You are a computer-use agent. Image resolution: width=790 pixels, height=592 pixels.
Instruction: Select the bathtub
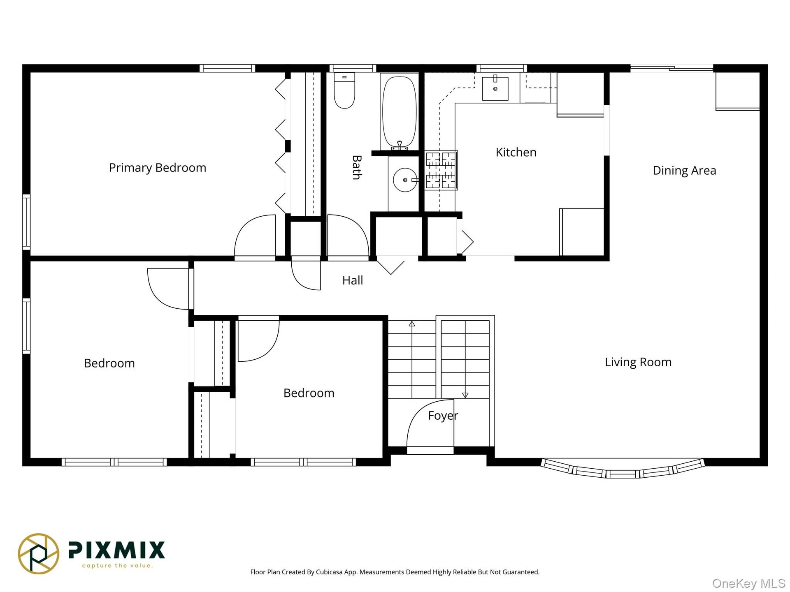[x=399, y=112]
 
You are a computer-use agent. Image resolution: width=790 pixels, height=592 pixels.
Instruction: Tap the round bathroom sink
[x=405, y=180]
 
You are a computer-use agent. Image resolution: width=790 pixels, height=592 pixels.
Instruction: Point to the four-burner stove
[x=441, y=170]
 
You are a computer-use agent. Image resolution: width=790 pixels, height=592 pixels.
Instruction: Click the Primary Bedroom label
[x=158, y=168]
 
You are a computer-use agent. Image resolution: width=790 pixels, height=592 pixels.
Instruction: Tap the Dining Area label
[x=684, y=171]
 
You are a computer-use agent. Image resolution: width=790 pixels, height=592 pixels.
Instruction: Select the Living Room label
[x=638, y=362]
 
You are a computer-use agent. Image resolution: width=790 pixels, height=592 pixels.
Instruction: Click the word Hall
[x=353, y=280]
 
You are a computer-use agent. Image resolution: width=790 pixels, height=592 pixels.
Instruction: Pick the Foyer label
[x=443, y=416]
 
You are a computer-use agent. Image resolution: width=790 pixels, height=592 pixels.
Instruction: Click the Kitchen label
[x=516, y=153]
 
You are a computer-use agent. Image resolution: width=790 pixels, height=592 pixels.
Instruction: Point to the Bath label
[x=357, y=167]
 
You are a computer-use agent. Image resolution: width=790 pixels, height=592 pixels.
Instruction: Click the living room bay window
[x=623, y=469]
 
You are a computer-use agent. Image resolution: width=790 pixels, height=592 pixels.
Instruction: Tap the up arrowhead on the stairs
[x=412, y=324]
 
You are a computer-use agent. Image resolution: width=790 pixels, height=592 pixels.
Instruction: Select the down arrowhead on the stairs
[x=465, y=395]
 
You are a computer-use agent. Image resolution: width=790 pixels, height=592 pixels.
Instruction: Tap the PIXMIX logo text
[x=116, y=550]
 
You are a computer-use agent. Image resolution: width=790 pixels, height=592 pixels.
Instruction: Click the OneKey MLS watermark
[x=749, y=583]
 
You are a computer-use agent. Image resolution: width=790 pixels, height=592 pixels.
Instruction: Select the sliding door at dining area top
[x=672, y=68]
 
